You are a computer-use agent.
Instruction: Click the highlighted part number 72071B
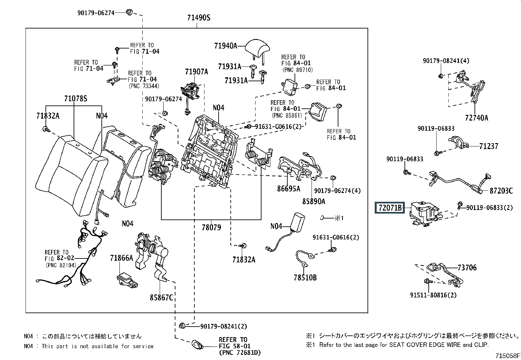click(390, 207)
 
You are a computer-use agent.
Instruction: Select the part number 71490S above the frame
click(199, 18)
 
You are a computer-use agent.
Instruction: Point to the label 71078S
click(76, 99)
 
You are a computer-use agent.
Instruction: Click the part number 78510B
click(305, 277)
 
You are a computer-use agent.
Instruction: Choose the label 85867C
click(161, 297)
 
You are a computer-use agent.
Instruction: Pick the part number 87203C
click(501, 191)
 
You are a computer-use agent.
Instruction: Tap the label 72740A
click(476, 118)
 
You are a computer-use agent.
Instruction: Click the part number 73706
click(467, 268)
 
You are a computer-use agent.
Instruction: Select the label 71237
click(489, 146)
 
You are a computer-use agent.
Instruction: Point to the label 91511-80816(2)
click(433, 295)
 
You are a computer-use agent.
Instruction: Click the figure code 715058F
click(508, 356)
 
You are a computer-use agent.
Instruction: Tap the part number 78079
click(211, 227)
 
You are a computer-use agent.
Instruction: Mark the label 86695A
click(288, 189)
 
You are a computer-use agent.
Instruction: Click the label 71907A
click(197, 72)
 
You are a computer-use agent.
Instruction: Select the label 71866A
click(122, 258)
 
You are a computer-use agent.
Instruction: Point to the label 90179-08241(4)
click(446, 61)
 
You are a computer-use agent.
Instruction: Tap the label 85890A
click(314, 201)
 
